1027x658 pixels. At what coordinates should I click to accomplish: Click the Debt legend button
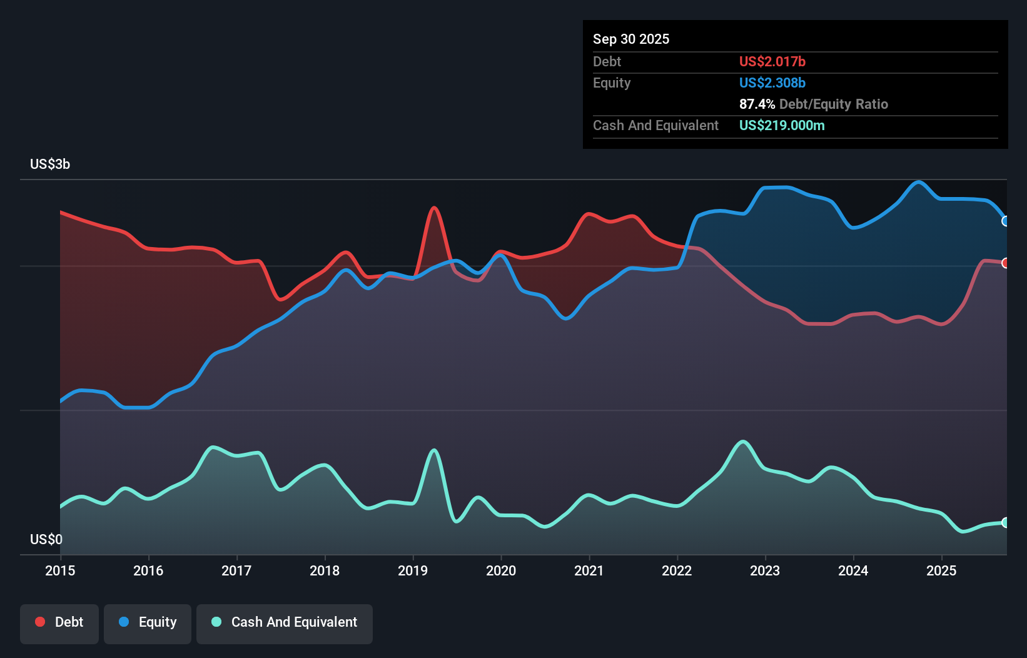pyautogui.click(x=59, y=623)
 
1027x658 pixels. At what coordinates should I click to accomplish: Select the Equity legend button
pyautogui.click(x=148, y=623)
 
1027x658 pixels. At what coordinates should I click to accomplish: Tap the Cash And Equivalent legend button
pyautogui.click(x=285, y=623)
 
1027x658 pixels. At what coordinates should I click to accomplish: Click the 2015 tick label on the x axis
pyautogui.click(x=60, y=570)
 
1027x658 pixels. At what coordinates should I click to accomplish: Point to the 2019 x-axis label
pyautogui.click(x=413, y=570)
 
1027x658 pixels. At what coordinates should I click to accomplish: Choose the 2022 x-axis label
pyautogui.click(x=677, y=570)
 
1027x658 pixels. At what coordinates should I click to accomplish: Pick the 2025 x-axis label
pyautogui.click(x=941, y=570)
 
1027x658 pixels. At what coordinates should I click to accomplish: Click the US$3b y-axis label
pyautogui.click(x=50, y=164)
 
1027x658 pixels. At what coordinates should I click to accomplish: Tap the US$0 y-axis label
pyautogui.click(x=46, y=539)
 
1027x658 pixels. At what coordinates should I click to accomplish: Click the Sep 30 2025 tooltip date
pyautogui.click(x=631, y=39)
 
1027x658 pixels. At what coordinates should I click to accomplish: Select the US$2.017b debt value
pyautogui.click(x=772, y=61)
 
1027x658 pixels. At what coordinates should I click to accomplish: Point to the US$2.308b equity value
pyautogui.click(x=772, y=83)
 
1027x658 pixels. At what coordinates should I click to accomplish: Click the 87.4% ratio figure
pyautogui.click(x=757, y=104)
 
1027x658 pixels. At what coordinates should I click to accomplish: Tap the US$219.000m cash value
pyautogui.click(x=781, y=125)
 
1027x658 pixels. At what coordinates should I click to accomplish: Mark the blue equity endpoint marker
pyautogui.click(x=1006, y=221)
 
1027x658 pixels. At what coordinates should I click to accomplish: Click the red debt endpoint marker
pyautogui.click(x=1006, y=263)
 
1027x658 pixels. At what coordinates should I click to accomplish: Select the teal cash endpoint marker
pyautogui.click(x=1006, y=522)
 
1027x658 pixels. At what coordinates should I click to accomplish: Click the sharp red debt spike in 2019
pyautogui.click(x=434, y=208)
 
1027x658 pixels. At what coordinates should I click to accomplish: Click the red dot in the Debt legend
pyautogui.click(x=40, y=622)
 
